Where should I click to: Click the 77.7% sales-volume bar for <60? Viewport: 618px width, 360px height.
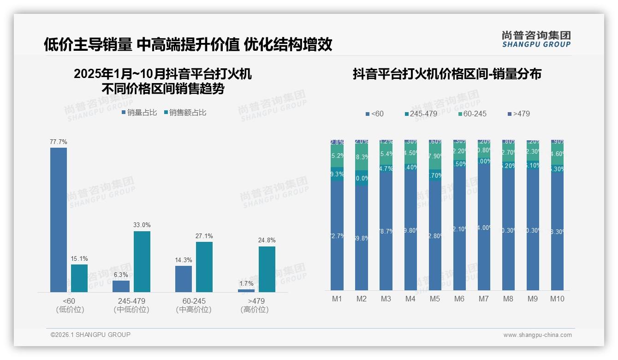tap(59, 220)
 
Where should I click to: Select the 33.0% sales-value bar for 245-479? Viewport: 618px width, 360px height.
tap(142, 261)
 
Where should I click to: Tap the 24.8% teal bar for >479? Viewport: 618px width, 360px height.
tap(267, 269)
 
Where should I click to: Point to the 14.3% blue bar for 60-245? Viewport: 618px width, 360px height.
tap(184, 279)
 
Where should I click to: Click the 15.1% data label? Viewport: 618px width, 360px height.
tap(79, 258)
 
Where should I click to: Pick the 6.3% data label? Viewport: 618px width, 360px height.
tap(121, 275)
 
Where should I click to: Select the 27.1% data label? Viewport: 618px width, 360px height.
tap(204, 236)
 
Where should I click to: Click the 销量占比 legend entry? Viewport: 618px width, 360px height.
tap(139, 112)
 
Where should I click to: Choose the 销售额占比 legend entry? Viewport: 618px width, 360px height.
tap(185, 112)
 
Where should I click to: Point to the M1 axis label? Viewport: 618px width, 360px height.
tap(337, 299)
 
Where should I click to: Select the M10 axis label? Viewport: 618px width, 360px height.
tap(557, 299)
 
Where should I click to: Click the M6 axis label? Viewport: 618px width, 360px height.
tap(459, 299)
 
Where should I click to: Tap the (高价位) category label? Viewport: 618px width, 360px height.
tap(254, 310)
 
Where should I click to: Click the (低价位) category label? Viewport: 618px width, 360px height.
tap(70, 310)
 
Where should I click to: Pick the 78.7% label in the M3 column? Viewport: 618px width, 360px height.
tap(386, 231)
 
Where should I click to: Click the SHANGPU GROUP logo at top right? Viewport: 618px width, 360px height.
tap(536, 39)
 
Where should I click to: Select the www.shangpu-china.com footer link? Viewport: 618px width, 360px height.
tap(537, 335)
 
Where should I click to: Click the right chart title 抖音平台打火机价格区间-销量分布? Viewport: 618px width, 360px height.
tap(447, 74)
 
